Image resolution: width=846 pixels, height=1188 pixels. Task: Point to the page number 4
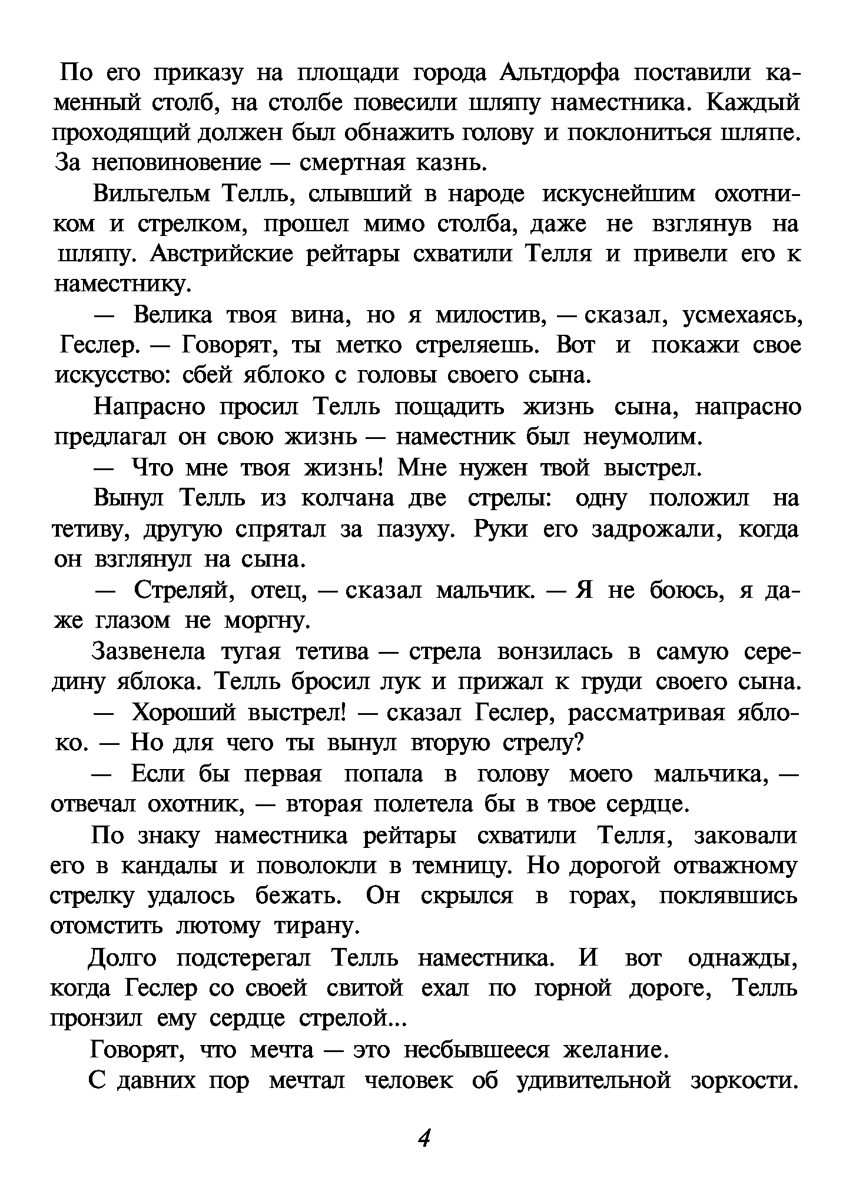(x=424, y=1139)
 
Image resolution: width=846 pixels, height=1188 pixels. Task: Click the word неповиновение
(x=175, y=163)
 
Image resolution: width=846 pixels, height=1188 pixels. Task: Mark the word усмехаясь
(x=742, y=316)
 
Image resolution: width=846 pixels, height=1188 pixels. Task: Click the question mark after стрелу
(x=577, y=744)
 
